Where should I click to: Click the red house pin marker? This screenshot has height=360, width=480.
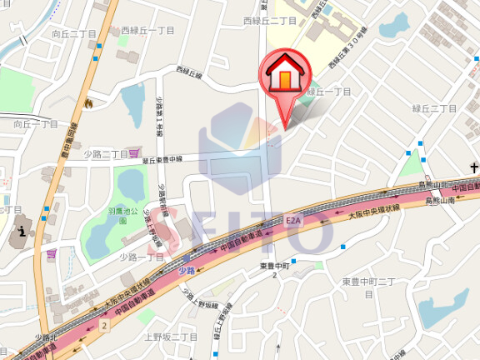click(285, 77)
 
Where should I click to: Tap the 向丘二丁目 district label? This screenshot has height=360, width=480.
click(74, 34)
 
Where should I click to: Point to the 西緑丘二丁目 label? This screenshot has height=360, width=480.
click(270, 19)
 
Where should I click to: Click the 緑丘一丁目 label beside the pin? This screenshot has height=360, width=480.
click(329, 92)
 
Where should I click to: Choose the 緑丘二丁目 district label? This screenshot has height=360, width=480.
click(435, 109)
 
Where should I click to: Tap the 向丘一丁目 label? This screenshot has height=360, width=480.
click(36, 124)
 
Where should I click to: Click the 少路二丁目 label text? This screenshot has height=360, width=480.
click(106, 154)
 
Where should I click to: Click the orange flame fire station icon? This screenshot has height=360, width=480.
click(87, 102)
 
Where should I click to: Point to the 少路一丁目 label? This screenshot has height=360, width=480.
click(141, 257)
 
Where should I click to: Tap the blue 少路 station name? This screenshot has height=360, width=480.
click(186, 270)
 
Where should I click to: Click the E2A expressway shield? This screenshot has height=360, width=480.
click(292, 221)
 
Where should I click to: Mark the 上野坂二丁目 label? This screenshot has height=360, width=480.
click(171, 337)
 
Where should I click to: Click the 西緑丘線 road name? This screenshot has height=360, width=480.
click(189, 73)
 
